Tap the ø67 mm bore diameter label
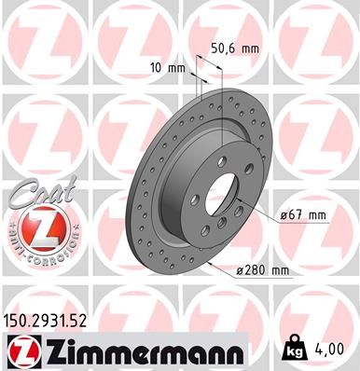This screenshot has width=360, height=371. point(303,215)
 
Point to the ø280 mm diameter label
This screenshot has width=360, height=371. point(265,270)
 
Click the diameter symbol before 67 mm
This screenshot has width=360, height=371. point(283,215)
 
